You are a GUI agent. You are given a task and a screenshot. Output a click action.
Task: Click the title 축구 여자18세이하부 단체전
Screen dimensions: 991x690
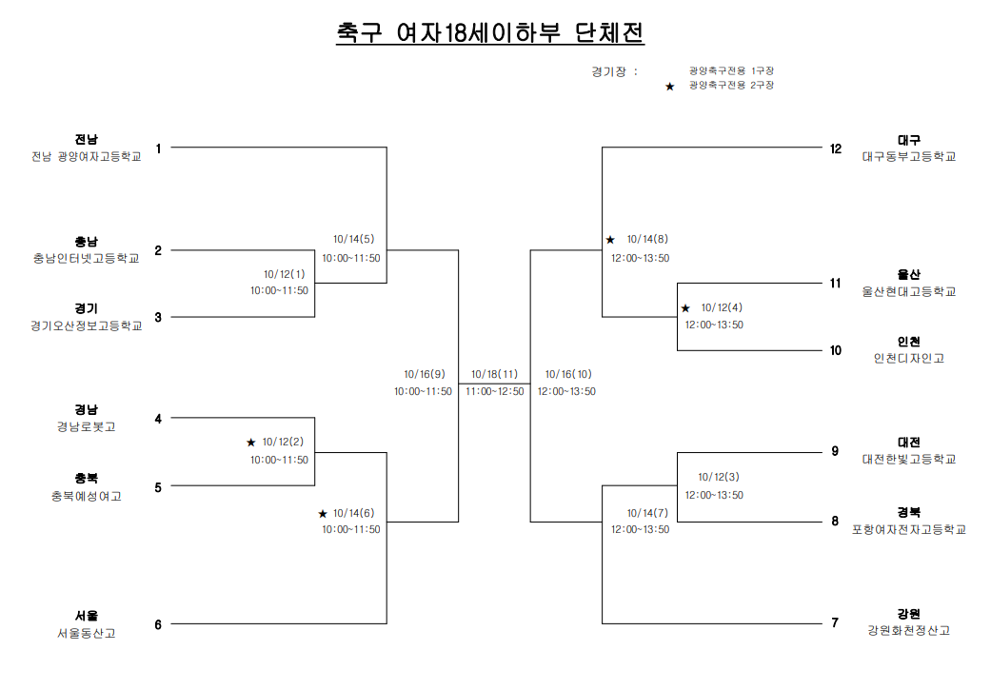490,33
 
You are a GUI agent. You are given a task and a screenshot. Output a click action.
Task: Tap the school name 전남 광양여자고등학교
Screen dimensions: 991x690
87,157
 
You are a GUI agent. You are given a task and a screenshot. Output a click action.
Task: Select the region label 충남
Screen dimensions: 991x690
87,242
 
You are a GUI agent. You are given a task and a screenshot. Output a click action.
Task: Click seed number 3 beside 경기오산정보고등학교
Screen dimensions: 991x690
158,317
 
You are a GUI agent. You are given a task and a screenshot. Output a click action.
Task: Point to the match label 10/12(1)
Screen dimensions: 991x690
284,274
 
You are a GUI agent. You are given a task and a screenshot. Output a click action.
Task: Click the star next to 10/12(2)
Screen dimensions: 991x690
251,443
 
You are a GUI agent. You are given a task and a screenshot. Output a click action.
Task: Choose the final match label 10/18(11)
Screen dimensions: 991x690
494,374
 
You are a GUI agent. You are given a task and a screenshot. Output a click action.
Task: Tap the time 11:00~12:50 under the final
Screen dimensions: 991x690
495,392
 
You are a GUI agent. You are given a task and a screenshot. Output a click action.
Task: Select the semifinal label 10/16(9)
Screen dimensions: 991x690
424,374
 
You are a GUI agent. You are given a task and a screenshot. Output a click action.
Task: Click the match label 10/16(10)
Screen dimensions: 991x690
568,374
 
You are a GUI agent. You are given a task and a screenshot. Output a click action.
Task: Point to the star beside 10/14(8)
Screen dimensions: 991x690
610,240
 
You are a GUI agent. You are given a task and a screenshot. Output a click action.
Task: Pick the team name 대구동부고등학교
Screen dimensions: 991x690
909,157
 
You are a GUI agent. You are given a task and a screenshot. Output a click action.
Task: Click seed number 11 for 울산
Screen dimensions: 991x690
836,283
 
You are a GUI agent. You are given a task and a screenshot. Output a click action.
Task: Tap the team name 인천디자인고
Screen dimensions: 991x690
909,358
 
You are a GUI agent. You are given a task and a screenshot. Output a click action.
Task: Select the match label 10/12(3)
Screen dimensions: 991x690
718,477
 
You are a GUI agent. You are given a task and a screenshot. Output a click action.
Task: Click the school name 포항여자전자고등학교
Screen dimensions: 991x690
909,529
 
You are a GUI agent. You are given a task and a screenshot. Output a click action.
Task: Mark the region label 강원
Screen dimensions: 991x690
909,614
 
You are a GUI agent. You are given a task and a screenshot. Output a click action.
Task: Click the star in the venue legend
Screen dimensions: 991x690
670,87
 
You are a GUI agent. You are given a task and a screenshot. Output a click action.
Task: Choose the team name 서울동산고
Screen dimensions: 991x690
87,633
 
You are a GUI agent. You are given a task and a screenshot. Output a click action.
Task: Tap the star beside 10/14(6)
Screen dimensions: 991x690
323,514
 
